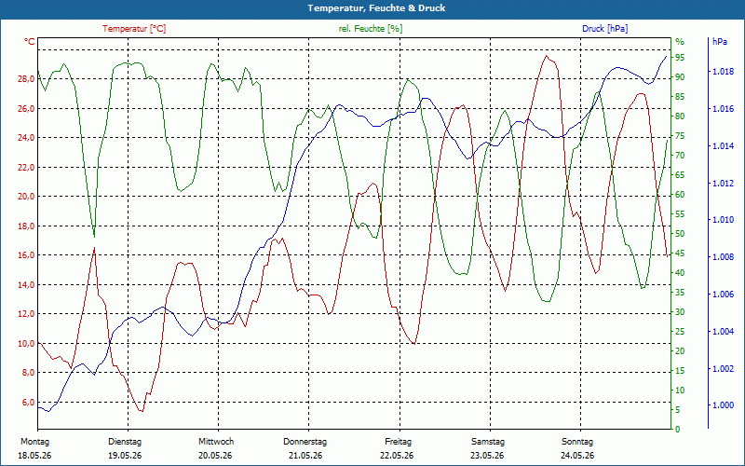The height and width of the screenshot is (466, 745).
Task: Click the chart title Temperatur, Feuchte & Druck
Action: pyautogui.click(x=376, y=8)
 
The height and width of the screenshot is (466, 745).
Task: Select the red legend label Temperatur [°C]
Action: pyautogui.click(x=134, y=29)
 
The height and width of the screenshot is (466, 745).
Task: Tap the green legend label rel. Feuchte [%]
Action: pyautogui.click(x=370, y=29)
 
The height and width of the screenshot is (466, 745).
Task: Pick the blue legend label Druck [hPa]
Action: pyautogui.click(x=604, y=29)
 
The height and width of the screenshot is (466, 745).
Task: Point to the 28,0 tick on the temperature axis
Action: pyautogui.click(x=26, y=79)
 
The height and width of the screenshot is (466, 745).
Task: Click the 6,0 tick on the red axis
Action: pyautogui.click(x=29, y=402)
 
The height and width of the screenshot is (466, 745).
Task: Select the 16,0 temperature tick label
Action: pyautogui.click(x=26, y=255)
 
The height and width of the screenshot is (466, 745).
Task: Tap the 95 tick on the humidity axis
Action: pyautogui.click(x=680, y=58)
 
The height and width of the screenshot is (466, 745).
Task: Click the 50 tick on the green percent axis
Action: pyautogui.click(x=680, y=234)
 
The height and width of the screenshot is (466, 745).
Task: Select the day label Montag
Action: pyautogui.click(x=34, y=442)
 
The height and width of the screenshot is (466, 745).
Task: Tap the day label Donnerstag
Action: pyautogui.click(x=305, y=442)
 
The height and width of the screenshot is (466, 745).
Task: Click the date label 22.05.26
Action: pyautogui.click(x=397, y=456)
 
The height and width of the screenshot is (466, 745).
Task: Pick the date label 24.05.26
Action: pyautogui.click(x=577, y=456)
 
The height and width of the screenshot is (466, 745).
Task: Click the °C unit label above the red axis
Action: pyautogui.click(x=30, y=42)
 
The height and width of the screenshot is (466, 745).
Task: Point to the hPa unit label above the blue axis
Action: pyautogui.click(x=719, y=42)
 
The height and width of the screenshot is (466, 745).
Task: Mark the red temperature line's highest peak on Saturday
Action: pyautogui.click(x=547, y=56)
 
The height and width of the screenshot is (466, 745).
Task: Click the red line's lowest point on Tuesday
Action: pyautogui.click(x=141, y=411)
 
